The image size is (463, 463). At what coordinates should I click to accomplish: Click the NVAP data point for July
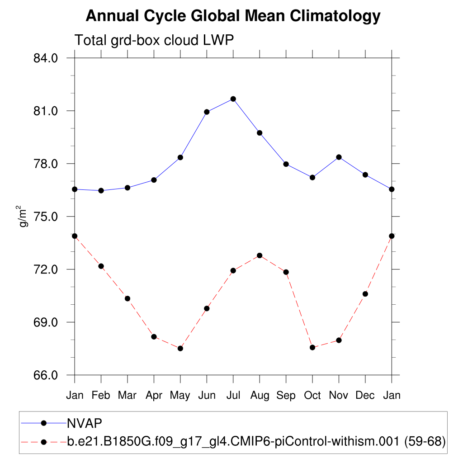[233, 99]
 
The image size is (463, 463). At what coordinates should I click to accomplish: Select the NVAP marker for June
[207, 112]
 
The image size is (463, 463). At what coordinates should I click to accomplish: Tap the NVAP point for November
[339, 157]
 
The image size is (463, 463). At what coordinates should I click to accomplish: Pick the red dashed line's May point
[180, 348]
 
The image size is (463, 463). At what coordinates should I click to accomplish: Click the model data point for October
[312, 347]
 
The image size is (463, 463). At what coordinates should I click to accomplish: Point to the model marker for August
[260, 255]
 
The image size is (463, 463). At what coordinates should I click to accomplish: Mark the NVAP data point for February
[101, 191]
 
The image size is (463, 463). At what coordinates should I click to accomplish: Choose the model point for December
[365, 294]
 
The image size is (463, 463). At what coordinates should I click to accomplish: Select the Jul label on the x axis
[233, 396]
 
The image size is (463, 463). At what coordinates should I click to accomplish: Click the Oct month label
[312, 396]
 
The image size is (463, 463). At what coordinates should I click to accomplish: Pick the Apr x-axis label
[154, 396]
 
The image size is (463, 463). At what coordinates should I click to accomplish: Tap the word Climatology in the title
[334, 17]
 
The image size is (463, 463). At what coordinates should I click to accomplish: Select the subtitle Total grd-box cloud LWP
[154, 40]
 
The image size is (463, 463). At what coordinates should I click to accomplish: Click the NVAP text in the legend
[85, 423]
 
